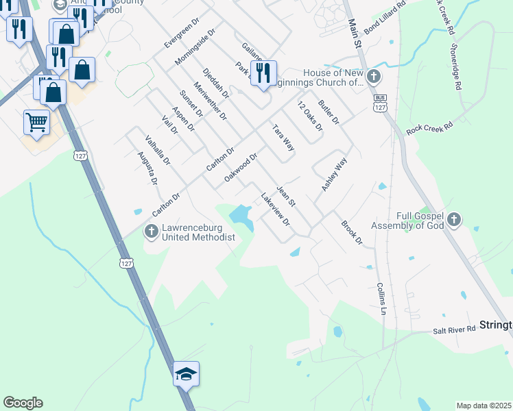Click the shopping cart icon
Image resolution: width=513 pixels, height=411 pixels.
(37, 123)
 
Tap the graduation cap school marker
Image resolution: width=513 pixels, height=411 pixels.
(186, 375)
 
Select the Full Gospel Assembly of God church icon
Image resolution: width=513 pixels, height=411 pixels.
(453, 220)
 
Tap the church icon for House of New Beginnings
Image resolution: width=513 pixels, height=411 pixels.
(374, 77)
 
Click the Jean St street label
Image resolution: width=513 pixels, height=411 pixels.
(285, 195)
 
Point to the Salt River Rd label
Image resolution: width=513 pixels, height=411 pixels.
(454, 329)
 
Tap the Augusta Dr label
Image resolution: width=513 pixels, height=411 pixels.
(147, 169)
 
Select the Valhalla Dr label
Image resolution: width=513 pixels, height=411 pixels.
(157, 150)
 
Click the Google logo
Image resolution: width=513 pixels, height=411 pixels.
(23, 403)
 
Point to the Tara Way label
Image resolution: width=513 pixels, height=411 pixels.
(283, 138)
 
